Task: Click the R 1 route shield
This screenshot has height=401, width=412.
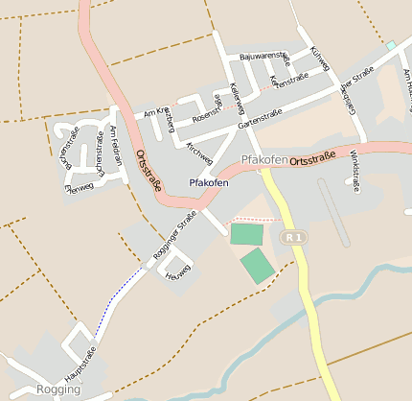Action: (x=294, y=236)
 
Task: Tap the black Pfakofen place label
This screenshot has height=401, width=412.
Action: (x=209, y=182)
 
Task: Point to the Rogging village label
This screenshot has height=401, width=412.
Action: (x=58, y=389)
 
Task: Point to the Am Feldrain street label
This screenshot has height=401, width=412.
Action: (x=117, y=147)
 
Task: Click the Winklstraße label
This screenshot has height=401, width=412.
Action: (x=355, y=170)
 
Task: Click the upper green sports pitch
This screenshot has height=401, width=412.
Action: (x=246, y=233)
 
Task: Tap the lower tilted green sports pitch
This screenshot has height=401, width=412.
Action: (x=257, y=265)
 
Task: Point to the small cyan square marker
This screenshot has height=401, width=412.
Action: (x=390, y=45)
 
